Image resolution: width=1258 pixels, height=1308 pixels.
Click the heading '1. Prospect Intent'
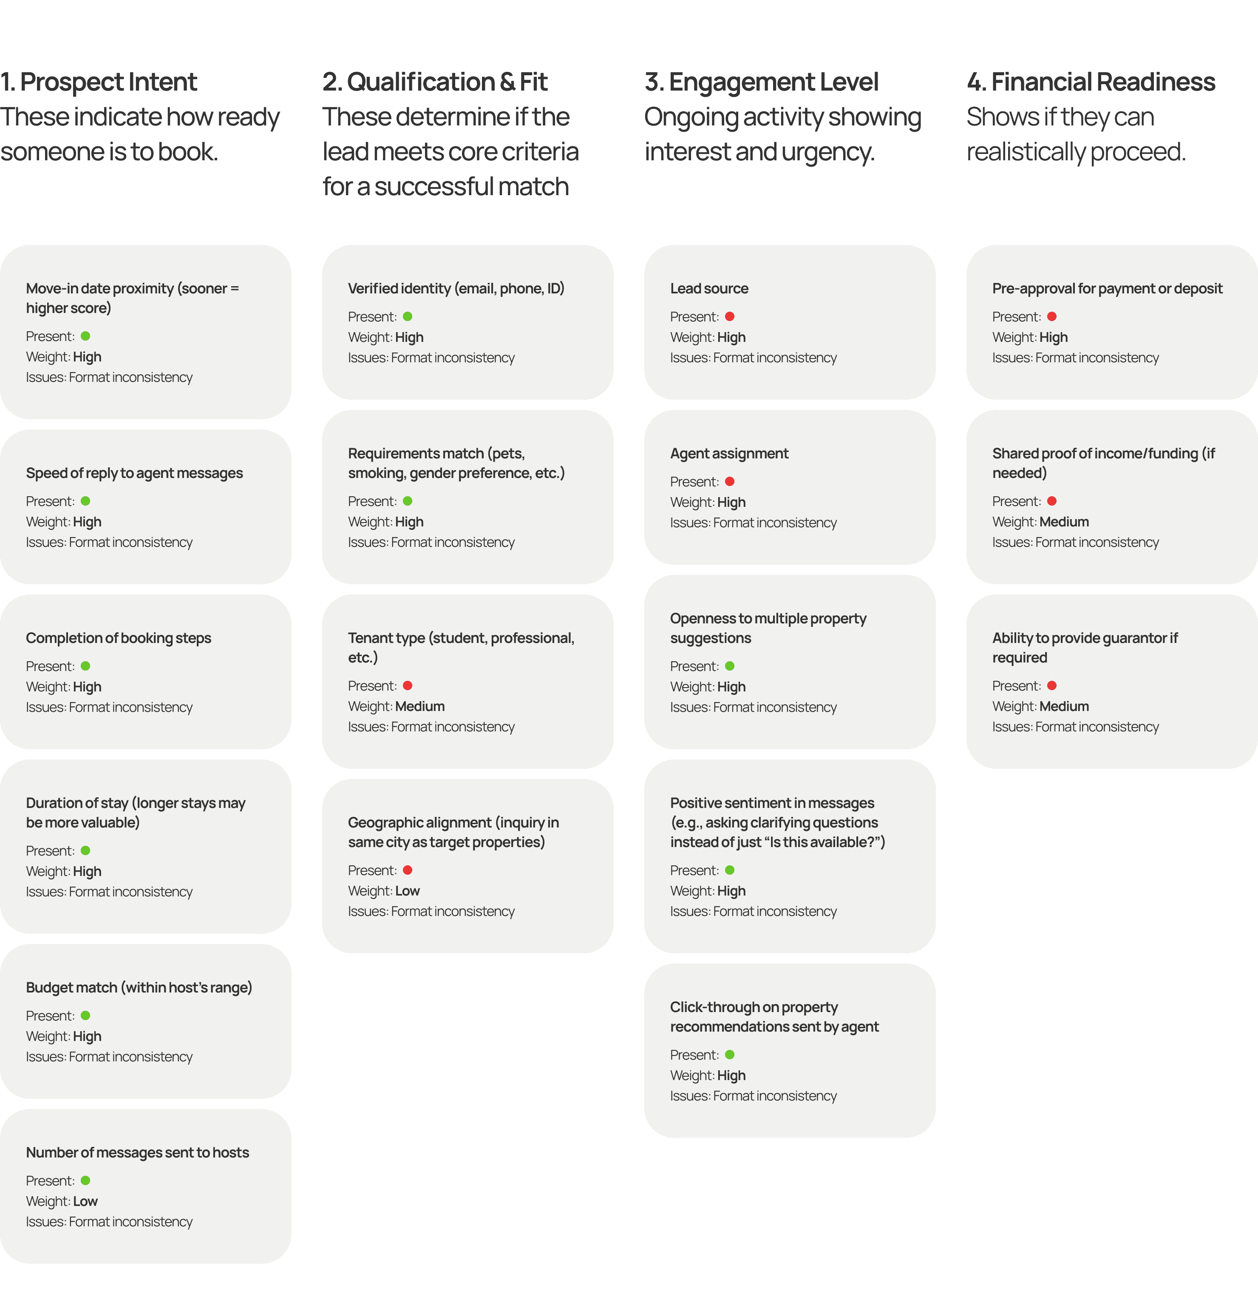[x=99, y=82]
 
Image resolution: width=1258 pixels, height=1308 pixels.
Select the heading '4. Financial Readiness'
[x=1091, y=82]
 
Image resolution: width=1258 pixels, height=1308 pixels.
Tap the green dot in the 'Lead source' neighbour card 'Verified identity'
[x=408, y=316]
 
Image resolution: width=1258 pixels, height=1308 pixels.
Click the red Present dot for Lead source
[x=730, y=316]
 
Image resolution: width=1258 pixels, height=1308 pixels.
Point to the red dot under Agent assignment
[x=730, y=481]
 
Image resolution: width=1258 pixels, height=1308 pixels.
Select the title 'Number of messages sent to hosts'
[x=137, y=1152]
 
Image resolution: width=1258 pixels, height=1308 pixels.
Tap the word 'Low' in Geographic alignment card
[x=408, y=891]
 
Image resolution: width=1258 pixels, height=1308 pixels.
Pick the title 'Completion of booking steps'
[x=119, y=637]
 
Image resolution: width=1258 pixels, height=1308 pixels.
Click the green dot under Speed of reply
[x=85, y=501]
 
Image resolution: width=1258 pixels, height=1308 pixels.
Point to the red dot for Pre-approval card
[x=1052, y=316]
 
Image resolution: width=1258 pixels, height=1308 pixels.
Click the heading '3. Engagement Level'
[x=761, y=82]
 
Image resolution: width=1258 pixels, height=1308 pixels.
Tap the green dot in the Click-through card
[x=730, y=1055]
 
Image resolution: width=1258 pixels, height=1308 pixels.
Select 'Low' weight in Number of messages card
[x=85, y=1201]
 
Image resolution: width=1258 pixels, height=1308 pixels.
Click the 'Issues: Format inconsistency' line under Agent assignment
[x=753, y=523]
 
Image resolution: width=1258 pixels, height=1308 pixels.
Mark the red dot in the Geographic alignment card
[x=408, y=870]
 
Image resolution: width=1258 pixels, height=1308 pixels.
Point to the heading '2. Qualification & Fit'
[x=435, y=82]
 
